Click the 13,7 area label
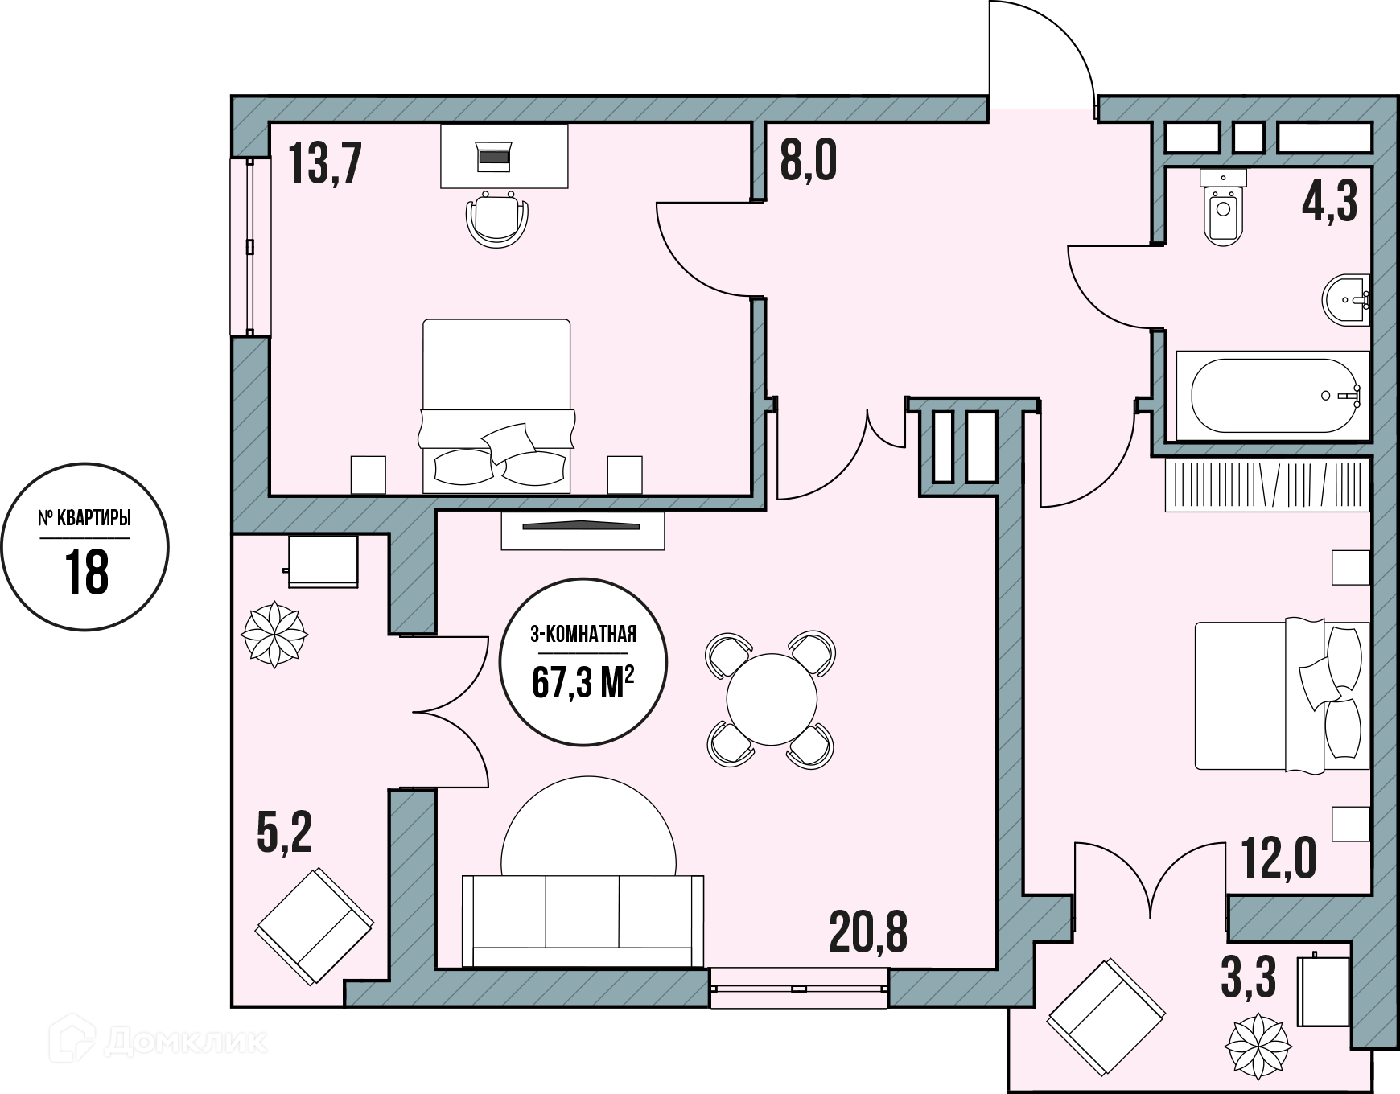click(x=325, y=163)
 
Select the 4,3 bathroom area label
click(x=1330, y=201)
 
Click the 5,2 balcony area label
click(x=284, y=832)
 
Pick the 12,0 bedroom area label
click(x=1279, y=858)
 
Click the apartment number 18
click(x=86, y=572)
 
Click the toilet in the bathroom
click(x=1223, y=207)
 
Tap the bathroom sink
click(x=1346, y=301)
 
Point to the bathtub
click(x=1273, y=396)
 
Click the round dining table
click(x=772, y=699)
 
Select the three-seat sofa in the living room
click(x=583, y=921)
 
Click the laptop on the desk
click(x=494, y=156)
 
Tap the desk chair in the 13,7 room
click(x=497, y=219)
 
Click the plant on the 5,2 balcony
click(x=274, y=634)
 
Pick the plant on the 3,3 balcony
click(x=1258, y=1047)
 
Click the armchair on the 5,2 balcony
click(x=315, y=926)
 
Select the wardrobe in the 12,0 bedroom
click(x=1267, y=485)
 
